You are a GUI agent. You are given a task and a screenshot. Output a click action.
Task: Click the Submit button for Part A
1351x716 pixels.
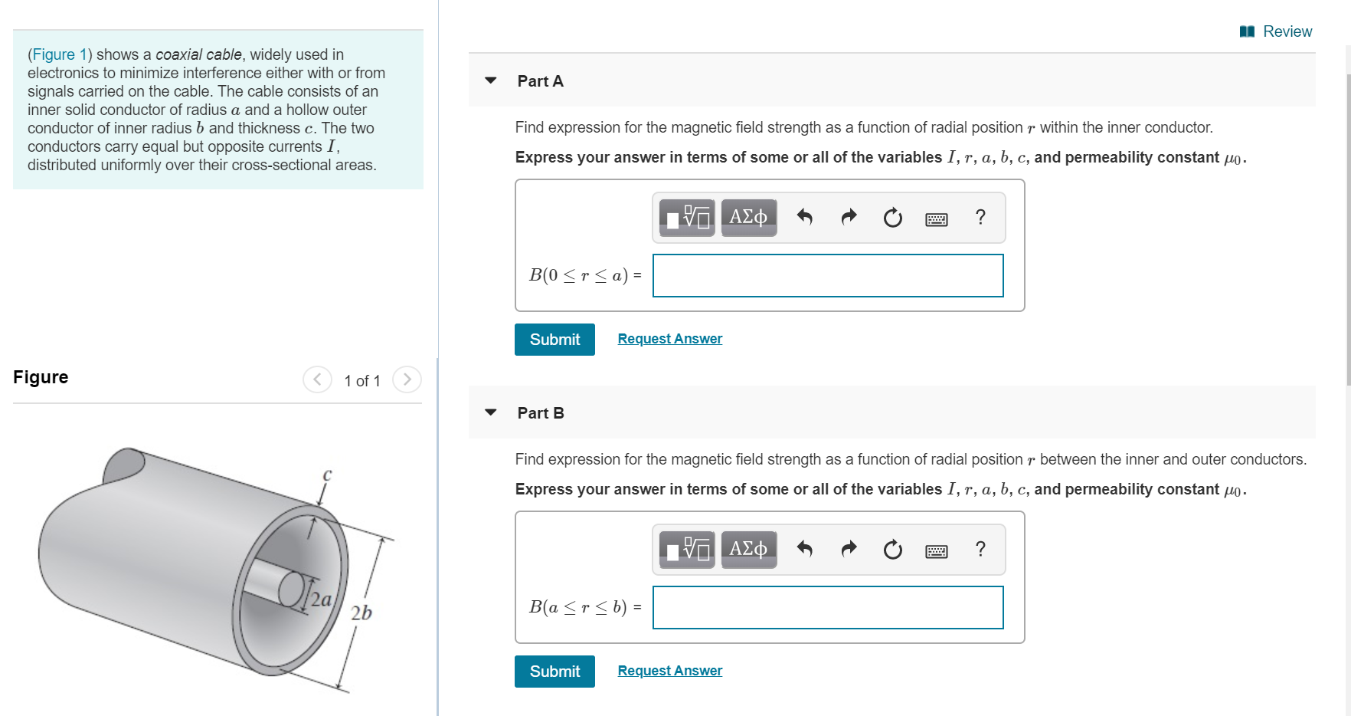click(554, 340)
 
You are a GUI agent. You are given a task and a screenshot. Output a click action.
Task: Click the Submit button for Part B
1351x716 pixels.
click(554, 672)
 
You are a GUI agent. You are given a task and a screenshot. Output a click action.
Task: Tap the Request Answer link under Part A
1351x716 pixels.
click(669, 339)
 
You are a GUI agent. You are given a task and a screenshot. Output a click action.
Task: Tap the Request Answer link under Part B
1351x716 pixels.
click(669, 671)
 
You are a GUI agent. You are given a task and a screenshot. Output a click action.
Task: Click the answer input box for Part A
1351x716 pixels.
click(828, 276)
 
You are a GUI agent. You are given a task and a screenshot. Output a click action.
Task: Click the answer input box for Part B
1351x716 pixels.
click(828, 608)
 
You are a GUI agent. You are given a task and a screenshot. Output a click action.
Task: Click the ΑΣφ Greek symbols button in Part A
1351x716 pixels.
click(748, 218)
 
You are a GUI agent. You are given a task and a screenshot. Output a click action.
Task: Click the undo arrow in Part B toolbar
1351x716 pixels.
click(804, 549)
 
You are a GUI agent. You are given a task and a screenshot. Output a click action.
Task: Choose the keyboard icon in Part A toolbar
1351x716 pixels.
click(936, 219)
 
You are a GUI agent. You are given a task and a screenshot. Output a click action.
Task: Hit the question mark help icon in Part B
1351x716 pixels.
click(980, 549)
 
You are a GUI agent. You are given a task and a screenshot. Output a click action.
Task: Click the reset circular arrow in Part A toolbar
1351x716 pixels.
click(892, 218)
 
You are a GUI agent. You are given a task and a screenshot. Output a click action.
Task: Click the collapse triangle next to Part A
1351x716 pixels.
click(491, 80)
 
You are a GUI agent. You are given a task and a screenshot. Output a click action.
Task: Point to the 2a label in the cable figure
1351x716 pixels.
click(322, 599)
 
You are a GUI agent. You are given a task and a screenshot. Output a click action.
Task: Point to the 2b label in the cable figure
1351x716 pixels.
click(361, 613)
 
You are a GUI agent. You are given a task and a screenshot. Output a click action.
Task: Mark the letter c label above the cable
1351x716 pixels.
click(327, 475)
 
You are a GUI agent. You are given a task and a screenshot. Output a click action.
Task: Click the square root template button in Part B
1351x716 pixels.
click(687, 550)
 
